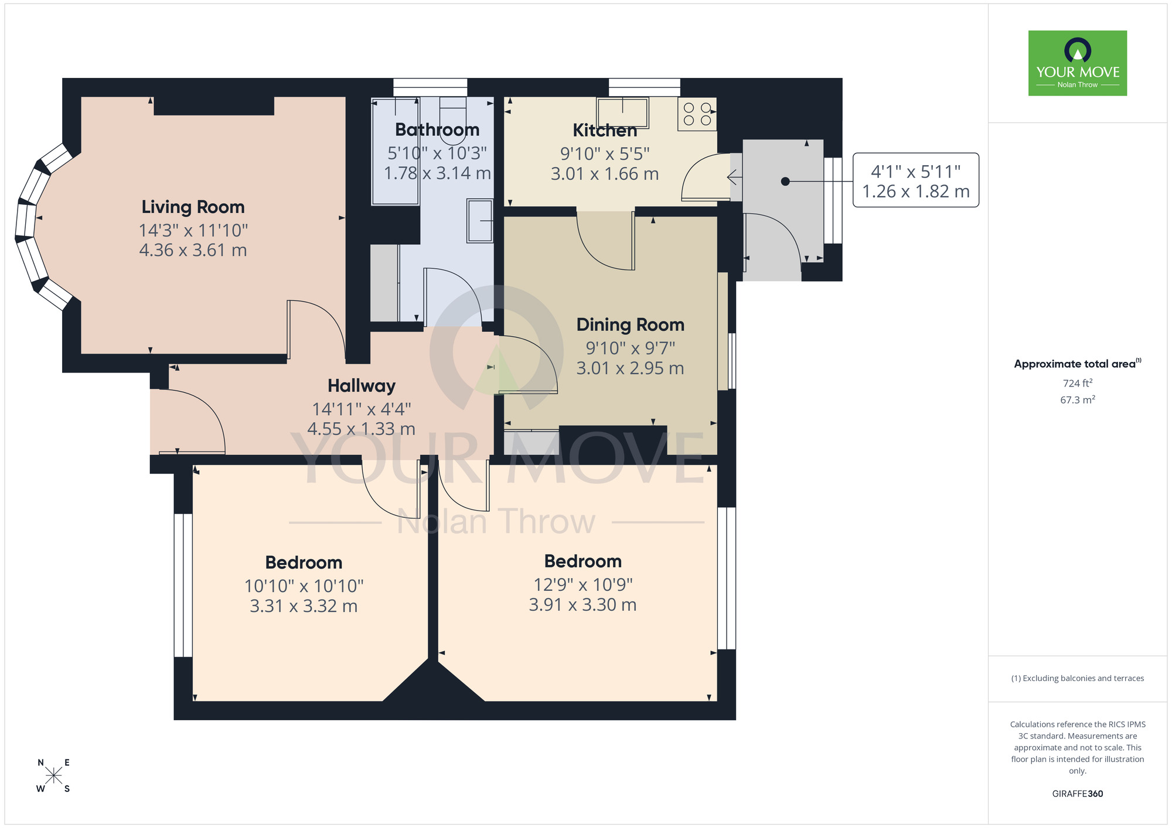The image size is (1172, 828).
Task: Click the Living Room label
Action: pos(193,207)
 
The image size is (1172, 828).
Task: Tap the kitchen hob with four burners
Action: pos(697,114)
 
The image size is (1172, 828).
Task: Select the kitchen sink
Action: pos(622,112)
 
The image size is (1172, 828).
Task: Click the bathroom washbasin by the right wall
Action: pos(480,220)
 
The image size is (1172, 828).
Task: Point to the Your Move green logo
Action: pos(1077,63)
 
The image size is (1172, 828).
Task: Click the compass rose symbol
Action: pos(53,776)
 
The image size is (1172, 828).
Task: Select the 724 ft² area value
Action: pos(1077,383)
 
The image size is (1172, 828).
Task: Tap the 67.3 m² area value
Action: pos(1077,400)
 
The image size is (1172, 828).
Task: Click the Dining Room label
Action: pos(630,324)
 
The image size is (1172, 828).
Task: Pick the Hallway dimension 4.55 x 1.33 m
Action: pos(361,429)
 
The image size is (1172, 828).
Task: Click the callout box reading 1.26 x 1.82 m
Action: pos(915,180)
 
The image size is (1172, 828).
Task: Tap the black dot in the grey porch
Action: pos(785,182)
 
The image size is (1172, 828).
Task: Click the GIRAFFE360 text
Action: pos(1077,794)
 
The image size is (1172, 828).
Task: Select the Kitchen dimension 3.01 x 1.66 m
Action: pos(604,174)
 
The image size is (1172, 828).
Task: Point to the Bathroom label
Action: pos(437,129)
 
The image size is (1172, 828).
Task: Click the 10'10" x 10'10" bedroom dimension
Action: pos(304,586)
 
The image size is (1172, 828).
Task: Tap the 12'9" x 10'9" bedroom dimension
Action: pos(582,584)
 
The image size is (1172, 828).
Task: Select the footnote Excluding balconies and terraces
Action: pos(1077,678)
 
